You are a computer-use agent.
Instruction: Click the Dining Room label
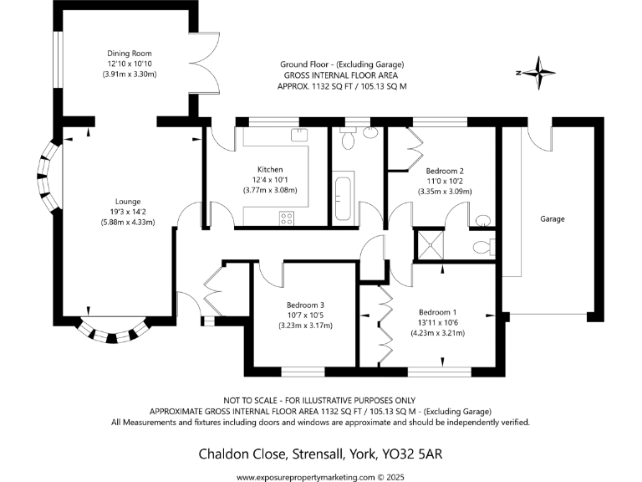point(130,54)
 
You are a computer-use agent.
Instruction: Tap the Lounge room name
point(128,202)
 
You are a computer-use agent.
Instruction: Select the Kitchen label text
point(270,169)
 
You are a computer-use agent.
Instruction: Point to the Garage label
point(553,219)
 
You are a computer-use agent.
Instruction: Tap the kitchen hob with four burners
point(287,218)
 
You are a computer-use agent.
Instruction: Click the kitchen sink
point(299,135)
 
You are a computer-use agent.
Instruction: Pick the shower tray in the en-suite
point(430,245)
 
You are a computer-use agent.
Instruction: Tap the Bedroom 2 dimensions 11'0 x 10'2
point(445,181)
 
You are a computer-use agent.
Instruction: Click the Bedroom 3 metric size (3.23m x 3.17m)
point(305,326)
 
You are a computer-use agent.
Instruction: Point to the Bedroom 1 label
point(438,312)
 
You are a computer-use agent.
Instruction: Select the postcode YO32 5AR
point(412,454)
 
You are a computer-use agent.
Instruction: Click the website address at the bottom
point(306,477)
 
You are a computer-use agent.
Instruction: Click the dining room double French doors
point(204,64)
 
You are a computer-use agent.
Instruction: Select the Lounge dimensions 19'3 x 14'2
point(128,212)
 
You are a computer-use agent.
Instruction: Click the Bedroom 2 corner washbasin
point(483,221)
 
